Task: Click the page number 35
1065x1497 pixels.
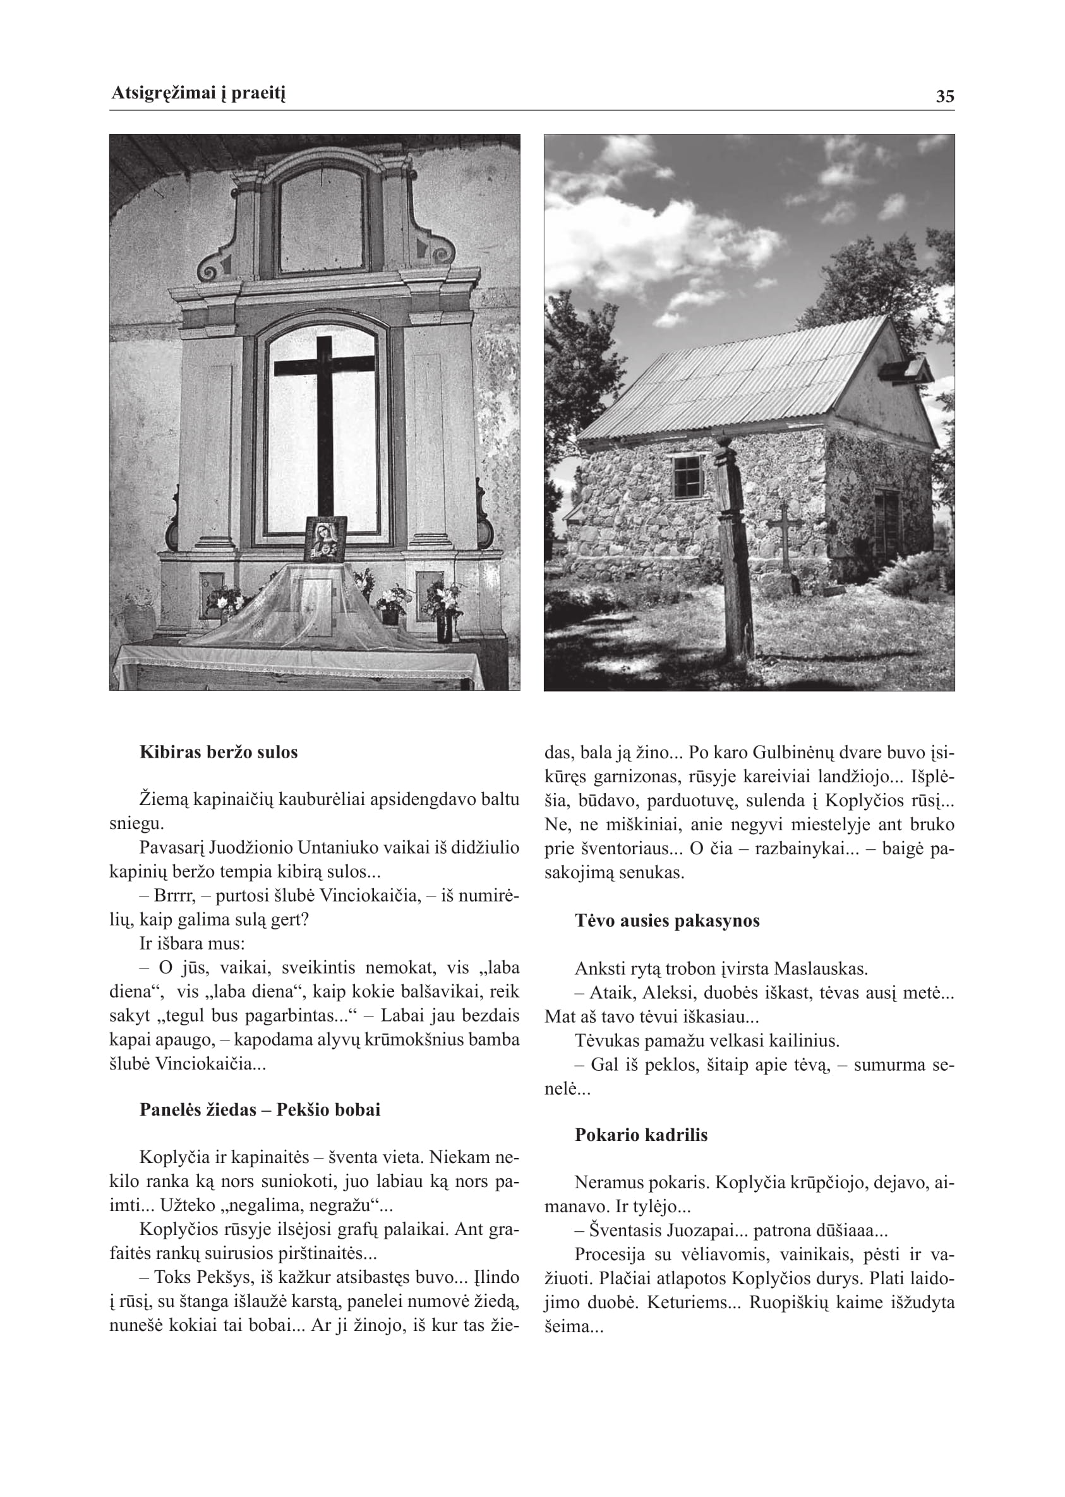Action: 944,97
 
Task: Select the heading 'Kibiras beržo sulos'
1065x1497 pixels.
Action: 219,752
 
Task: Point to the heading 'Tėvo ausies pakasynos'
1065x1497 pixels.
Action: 667,921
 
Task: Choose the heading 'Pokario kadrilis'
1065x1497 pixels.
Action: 641,1135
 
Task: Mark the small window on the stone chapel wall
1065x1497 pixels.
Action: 687,477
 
